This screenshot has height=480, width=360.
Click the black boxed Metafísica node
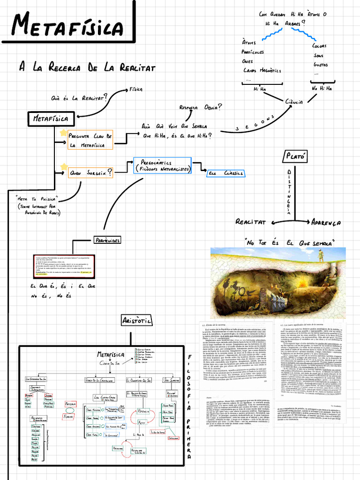(50, 119)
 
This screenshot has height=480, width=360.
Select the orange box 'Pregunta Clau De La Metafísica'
(90, 140)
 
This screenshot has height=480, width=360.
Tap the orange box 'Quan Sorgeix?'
(90, 173)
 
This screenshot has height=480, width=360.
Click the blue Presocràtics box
(162, 165)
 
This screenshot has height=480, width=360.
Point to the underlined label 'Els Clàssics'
(226, 173)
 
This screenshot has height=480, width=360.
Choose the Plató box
(294, 156)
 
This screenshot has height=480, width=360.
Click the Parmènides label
(107, 240)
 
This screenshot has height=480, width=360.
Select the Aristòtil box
(136, 321)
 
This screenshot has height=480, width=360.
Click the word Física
(136, 89)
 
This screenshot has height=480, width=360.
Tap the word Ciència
(294, 102)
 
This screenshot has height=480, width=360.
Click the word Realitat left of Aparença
(250, 222)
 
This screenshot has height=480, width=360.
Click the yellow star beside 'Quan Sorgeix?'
(63, 167)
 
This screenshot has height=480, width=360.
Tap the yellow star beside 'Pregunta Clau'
(63, 133)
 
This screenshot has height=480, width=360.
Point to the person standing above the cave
(321, 255)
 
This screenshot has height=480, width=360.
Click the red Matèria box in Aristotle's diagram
(70, 403)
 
